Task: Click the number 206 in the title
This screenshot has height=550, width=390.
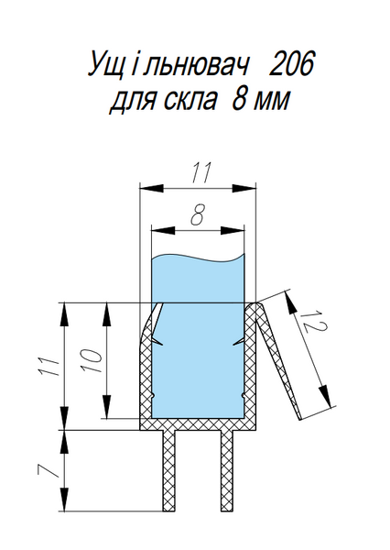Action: click(x=290, y=63)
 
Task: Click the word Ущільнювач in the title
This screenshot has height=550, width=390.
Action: click(x=167, y=64)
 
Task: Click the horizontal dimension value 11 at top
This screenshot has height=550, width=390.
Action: click(x=200, y=172)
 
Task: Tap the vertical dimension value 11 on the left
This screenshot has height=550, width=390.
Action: click(x=49, y=367)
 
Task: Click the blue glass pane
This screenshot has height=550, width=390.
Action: click(x=197, y=336)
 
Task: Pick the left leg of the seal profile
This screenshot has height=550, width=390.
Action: click(x=168, y=470)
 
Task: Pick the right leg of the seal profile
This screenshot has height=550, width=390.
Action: click(x=227, y=470)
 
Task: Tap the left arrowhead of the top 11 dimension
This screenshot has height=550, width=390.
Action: click(x=152, y=188)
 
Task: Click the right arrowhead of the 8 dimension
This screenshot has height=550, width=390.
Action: click(x=233, y=230)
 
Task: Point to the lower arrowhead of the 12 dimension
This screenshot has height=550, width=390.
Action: click(x=325, y=396)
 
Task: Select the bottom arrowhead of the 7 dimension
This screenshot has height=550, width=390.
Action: click(x=63, y=500)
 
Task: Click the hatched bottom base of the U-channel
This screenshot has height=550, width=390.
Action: click(x=198, y=424)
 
